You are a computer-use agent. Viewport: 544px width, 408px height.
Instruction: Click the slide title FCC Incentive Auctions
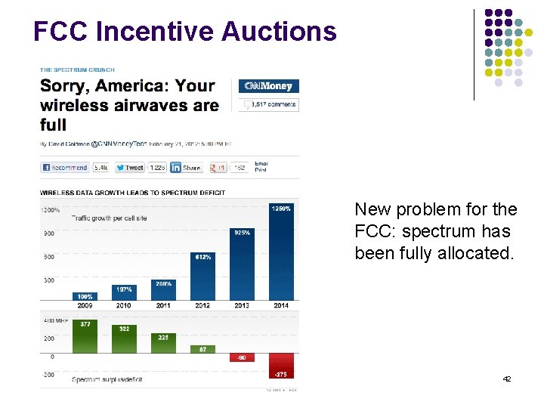[185, 31]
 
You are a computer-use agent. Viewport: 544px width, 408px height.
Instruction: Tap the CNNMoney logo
[268, 86]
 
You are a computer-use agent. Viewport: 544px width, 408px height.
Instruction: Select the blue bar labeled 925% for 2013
[243, 264]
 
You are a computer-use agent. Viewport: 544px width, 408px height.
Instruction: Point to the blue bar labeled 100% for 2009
[85, 296]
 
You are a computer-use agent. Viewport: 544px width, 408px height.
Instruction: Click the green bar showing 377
[85, 336]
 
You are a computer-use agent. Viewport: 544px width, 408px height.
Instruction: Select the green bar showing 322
[124, 339]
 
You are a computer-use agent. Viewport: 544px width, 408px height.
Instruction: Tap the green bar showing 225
[163, 343]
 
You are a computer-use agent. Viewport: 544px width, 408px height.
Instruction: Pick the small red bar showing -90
[243, 357]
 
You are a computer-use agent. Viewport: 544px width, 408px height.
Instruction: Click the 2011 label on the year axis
[163, 305]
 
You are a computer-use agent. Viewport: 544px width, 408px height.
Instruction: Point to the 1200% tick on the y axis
[51, 209]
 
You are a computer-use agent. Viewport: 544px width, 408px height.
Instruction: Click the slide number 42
[506, 378]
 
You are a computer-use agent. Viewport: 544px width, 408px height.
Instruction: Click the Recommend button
[64, 167]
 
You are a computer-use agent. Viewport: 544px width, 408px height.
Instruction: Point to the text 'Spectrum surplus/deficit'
[107, 379]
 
